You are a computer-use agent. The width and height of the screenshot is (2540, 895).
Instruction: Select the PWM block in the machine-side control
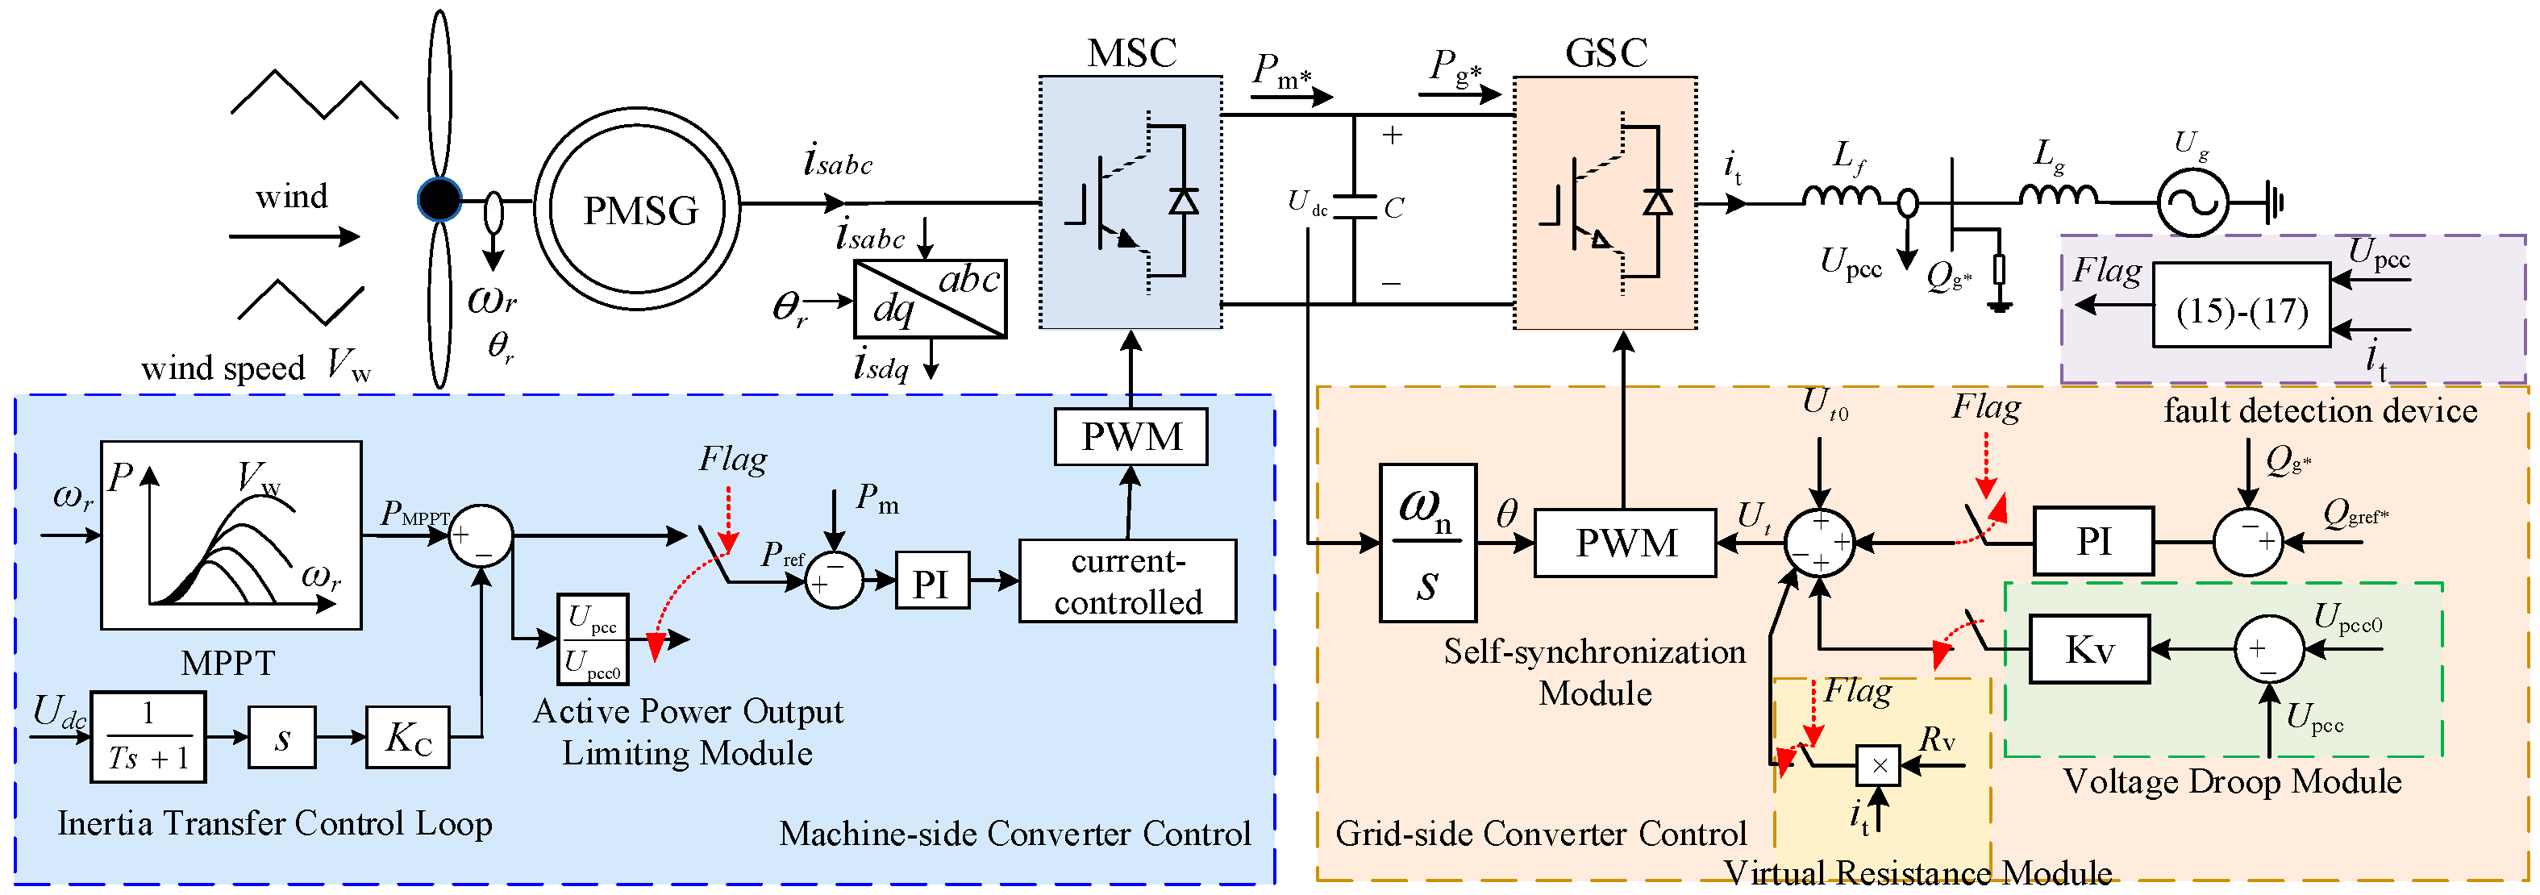(1131, 437)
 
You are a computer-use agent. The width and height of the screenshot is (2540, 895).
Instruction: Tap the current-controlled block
(1128, 581)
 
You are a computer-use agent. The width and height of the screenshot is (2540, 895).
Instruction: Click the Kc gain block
(408, 737)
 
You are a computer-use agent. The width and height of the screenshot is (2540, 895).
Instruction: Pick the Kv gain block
(2089, 650)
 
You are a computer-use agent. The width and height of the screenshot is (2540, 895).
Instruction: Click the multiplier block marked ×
(1878, 765)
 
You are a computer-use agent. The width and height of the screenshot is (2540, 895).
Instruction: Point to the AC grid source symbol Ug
(2192, 202)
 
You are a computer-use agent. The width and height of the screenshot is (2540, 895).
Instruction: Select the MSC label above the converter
(1131, 53)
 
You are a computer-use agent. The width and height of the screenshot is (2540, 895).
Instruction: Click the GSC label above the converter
(1606, 53)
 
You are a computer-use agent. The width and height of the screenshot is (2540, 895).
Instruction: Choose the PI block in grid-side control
(2093, 541)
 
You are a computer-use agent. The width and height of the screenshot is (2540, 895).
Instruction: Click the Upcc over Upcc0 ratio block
(593, 639)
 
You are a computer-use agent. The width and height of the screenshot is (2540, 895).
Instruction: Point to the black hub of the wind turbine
(439, 200)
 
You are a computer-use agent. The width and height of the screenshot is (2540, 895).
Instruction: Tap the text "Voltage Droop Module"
(2232, 781)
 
